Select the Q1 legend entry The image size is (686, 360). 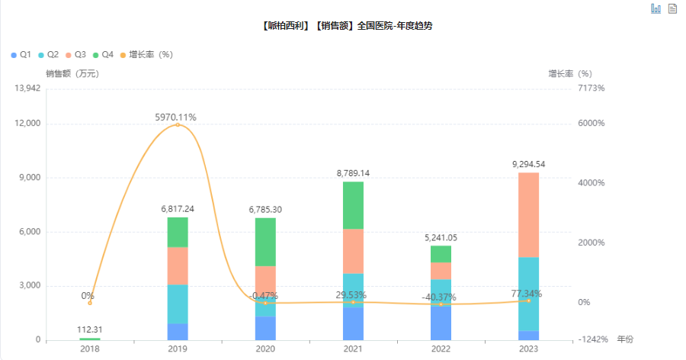point(21,55)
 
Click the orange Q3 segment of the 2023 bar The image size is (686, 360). point(528,215)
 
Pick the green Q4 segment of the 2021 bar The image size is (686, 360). point(353,205)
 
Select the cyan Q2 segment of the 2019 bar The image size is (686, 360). point(178,304)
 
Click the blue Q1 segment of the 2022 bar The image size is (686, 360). point(441,323)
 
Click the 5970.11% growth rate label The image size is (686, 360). point(176,117)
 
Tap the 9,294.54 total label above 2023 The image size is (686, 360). point(528,164)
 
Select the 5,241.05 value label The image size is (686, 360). point(441,237)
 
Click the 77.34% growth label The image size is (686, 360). point(528,294)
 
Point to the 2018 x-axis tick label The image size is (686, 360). point(90,349)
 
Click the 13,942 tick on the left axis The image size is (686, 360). point(27,88)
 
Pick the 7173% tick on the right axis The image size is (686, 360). point(590,88)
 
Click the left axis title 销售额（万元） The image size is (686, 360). point(72,74)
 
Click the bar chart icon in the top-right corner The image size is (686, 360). point(656,8)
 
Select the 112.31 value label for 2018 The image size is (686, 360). point(90,329)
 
